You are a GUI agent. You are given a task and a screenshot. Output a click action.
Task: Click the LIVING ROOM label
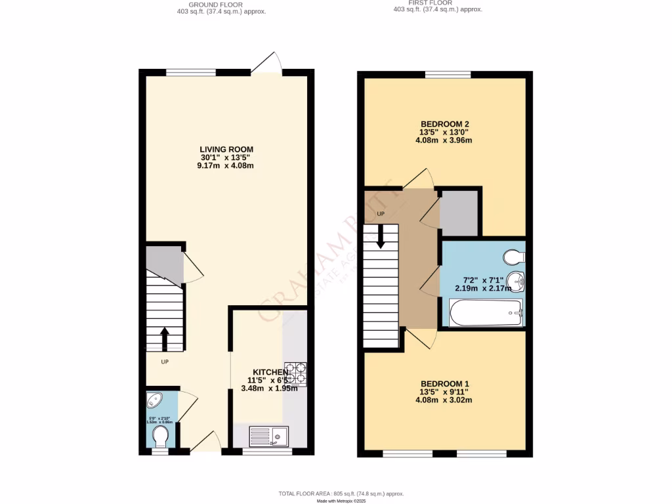point(227,150)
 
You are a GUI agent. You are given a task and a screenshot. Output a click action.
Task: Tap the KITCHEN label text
point(268,372)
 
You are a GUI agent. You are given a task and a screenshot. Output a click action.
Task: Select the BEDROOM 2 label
point(444,124)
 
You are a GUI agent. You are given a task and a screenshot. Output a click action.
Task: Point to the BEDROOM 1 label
point(444,384)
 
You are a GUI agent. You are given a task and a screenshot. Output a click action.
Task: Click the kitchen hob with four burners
point(295,373)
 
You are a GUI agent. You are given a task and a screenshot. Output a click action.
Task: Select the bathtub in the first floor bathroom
point(486,312)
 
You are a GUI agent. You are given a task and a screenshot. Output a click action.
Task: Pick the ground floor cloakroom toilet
point(160,434)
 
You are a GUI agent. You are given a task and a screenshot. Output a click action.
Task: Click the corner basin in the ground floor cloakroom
point(155,400)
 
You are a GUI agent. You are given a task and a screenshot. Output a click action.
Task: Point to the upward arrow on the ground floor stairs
point(164,339)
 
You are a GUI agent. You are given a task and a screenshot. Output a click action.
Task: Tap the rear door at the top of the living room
point(269,62)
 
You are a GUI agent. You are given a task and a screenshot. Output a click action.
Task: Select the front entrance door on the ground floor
point(206,443)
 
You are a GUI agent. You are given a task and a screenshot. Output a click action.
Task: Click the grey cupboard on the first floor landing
point(459,214)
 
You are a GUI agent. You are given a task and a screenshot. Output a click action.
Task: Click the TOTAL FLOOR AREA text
point(341,493)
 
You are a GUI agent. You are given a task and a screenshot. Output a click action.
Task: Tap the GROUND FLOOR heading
point(215,5)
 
